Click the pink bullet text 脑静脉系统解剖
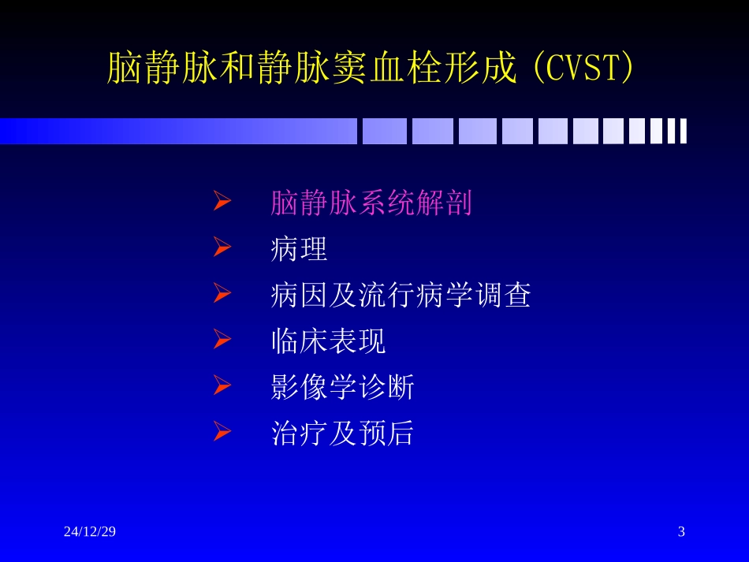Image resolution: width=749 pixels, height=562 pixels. point(371,203)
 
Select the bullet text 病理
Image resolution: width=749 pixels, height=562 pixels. point(298,249)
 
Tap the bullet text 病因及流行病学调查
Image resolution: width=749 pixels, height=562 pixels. point(401,296)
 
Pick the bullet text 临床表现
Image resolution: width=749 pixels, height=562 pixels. point(328,341)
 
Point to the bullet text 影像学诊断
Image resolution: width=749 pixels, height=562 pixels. point(342,387)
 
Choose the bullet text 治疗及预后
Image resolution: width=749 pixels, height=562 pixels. point(342,434)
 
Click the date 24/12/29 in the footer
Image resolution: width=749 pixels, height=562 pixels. point(90,531)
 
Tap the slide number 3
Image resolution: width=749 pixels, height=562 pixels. point(681,531)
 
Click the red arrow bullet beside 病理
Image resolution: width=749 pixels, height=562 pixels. point(222,248)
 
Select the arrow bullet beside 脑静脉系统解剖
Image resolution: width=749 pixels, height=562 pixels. point(222,203)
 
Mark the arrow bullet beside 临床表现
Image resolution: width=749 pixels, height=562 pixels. point(222,341)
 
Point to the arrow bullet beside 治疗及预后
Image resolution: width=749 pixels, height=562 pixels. point(222,432)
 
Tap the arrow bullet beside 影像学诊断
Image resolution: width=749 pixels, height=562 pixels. point(222,386)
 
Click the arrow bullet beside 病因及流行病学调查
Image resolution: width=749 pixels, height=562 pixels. point(222,295)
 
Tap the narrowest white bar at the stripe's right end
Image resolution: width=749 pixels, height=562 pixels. point(683,131)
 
